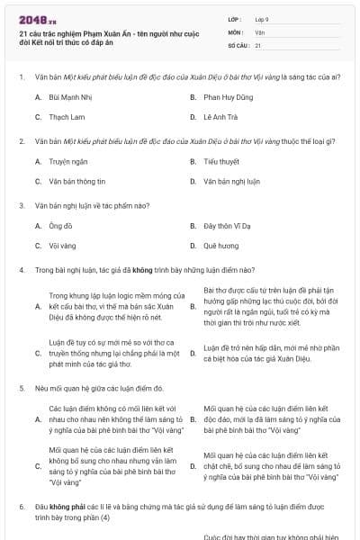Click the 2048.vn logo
[x=37, y=19]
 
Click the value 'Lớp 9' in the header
[x=263, y=19]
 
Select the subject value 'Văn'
[x=259, y=31]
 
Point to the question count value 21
[x=258, y=44]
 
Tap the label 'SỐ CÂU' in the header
[x=238, y=44]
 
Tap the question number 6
[x=21, y=508]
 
